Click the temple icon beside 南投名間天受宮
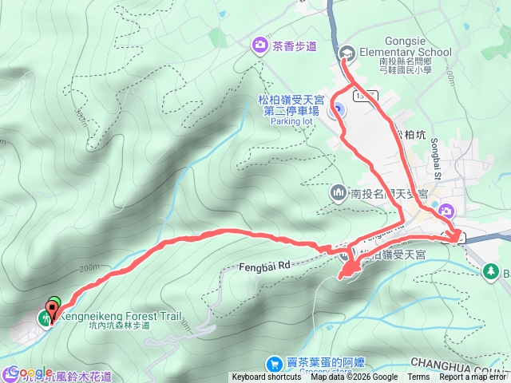pos(339,193)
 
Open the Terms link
pos(418,377)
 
